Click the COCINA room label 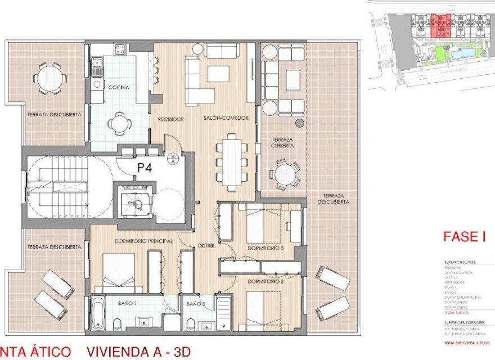(119, 87)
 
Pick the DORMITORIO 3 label (267, 248)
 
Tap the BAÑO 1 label (127, 303)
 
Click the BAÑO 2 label (195, 304)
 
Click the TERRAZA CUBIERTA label (283, 142)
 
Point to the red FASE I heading (464, 237)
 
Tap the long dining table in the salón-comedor (231, 161)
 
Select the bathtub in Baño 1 (98, 313)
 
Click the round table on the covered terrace (286, 174)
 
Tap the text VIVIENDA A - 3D (138, 352)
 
